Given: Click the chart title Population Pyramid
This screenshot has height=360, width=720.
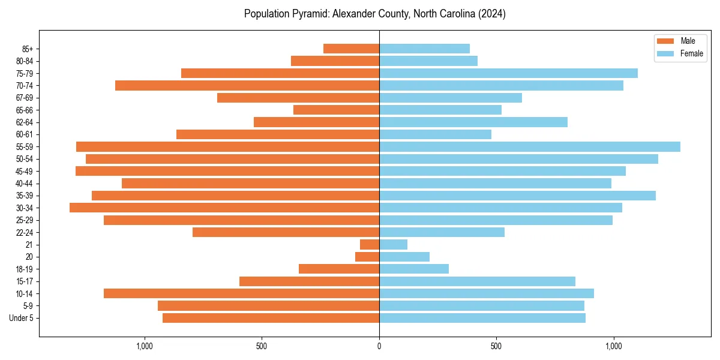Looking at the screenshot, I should pyautogui.click(x=375, y=14).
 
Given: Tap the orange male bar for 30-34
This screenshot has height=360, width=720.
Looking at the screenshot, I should pyautogui.click(x=224, y=208).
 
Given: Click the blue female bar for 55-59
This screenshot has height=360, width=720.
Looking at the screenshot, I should pyautogui.click(x=529, y=146).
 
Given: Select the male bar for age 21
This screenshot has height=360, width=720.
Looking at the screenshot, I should pyautogui.click(x=370, y=244).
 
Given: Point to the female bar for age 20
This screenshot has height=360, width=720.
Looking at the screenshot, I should pyautogui.click(x=404, y=257).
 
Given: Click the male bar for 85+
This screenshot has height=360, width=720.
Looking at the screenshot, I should pyautogui.click(x=351, y=49).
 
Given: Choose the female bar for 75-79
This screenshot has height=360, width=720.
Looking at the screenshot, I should pyautogui.click(x=508, y=73).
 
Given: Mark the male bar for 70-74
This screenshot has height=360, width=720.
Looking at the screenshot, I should pyautogui.click(x=247, y=85).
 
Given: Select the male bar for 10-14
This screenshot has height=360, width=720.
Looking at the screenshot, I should pyautogui.click(x=241, y=293).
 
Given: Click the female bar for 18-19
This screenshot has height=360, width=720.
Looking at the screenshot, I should pyautogui.click(x=414, y=269).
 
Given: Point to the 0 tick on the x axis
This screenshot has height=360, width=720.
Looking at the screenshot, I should pyautogui.click(x=379, y=346).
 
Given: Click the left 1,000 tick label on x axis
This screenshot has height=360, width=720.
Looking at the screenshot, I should pyautogui.click(x=144, y=346).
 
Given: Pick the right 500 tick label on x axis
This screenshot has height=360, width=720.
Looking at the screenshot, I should pyautogui.click(x=496, y=346).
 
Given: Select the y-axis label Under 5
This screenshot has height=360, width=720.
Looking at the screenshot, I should pyautogui.click(x=21, y=318).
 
